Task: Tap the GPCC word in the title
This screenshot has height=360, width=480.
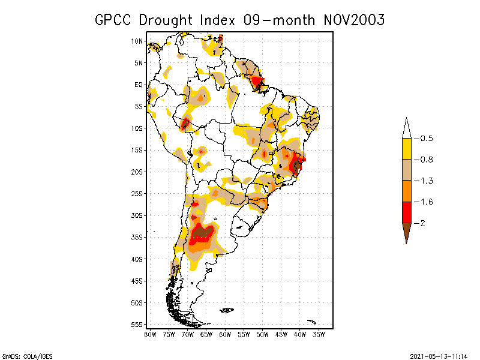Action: pos(115,20)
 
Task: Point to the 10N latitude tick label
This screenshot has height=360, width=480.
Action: pos(137,41)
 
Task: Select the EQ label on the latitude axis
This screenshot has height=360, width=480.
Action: pos(139,85)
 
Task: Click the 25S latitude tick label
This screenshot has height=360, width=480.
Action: pos(137,193)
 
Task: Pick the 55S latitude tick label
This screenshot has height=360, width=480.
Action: pos(137,324)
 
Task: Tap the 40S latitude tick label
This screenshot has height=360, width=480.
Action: pos(137,259)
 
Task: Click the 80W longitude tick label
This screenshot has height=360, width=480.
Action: pos(151,334)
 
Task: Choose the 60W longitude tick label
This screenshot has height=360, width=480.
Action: pos(225,334)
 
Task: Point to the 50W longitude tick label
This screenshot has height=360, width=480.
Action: pos(262,334)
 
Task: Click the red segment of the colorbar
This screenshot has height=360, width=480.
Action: pos(407,212)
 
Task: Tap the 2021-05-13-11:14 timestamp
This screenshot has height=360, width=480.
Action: pos(437,355)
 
